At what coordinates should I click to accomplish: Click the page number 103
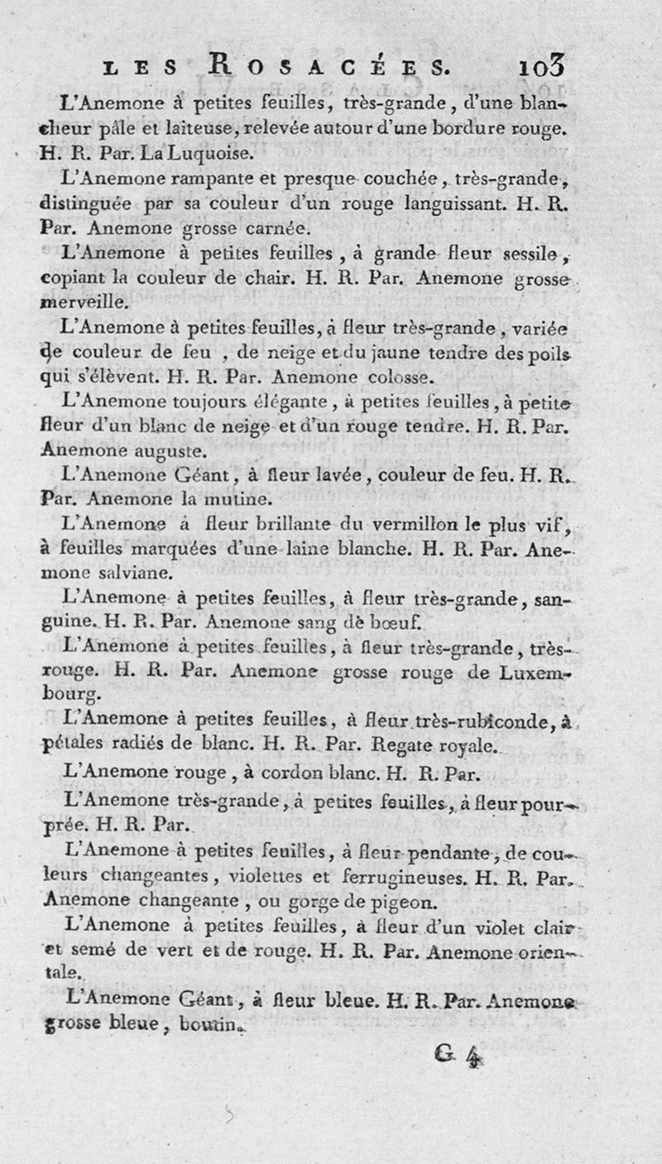(x=543, y=65)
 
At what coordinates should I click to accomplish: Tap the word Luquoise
(x=199, y=152)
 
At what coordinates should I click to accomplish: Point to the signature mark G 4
(x=458, y=1053)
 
